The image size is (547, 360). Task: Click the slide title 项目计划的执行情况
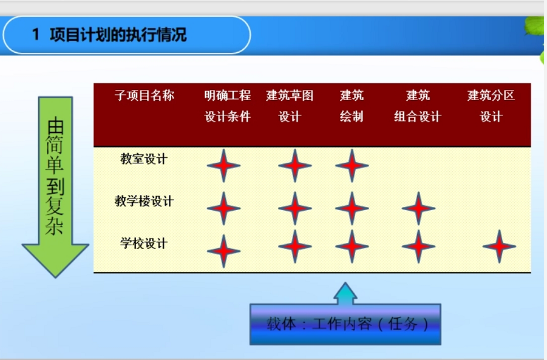tap(118, 35)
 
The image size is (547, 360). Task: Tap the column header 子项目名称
tap(144, 95)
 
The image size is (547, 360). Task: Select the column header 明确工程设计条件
tap(228, 106)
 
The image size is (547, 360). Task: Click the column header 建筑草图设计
tap(290, 106)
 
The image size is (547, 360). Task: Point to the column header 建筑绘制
tap(352, 106)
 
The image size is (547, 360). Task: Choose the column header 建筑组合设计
tap(418, 106)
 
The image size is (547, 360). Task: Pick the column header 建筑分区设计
tap(491, 106)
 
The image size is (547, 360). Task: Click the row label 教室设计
tap(144, 158)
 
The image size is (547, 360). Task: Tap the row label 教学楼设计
tap(144, 201)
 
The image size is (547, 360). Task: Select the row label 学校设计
tap(144, 243)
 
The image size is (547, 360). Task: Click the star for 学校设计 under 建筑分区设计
tap(499, 246)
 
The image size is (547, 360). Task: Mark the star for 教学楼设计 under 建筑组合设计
tap(418, 208)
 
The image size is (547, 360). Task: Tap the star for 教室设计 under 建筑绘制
tap(352, 166)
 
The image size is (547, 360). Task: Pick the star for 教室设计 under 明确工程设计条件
tap(223, 166)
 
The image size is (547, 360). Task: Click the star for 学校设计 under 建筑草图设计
tap(295, 246)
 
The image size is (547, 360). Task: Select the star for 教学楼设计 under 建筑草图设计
tap(295, 208)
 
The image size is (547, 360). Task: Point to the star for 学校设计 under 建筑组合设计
tap(418, 246)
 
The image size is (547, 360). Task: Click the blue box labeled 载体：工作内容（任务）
tap(345, 324)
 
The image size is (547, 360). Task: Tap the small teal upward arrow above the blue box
tap(345, 293)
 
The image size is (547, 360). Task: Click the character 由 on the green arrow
tap(55, 126)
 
